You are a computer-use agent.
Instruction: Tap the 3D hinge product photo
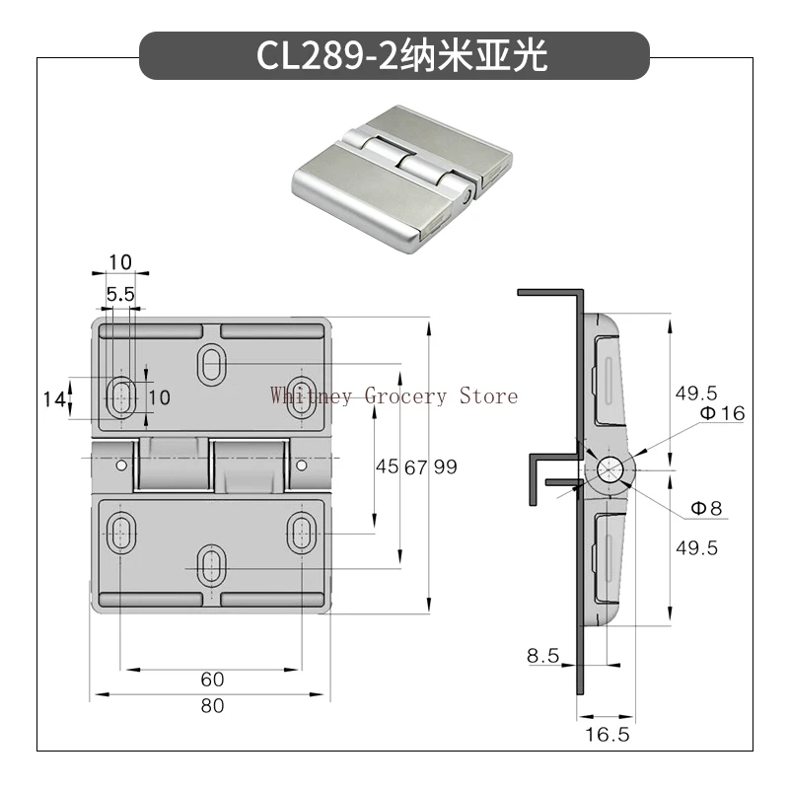[x=402, y=179]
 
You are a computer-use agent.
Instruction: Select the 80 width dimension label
[x=212, y=706]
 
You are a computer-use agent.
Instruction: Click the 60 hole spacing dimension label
[x=212, y=680]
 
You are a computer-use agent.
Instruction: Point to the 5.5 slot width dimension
[x=120, y=294]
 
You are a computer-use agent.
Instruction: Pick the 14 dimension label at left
[x=54, y=399]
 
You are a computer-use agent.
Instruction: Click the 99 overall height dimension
[x=446, y=466]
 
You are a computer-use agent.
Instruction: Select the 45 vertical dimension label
[x=387, y=466]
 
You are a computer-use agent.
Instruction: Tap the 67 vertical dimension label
[x=416, y=467]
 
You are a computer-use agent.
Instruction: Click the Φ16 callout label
[x=723, y=413]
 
